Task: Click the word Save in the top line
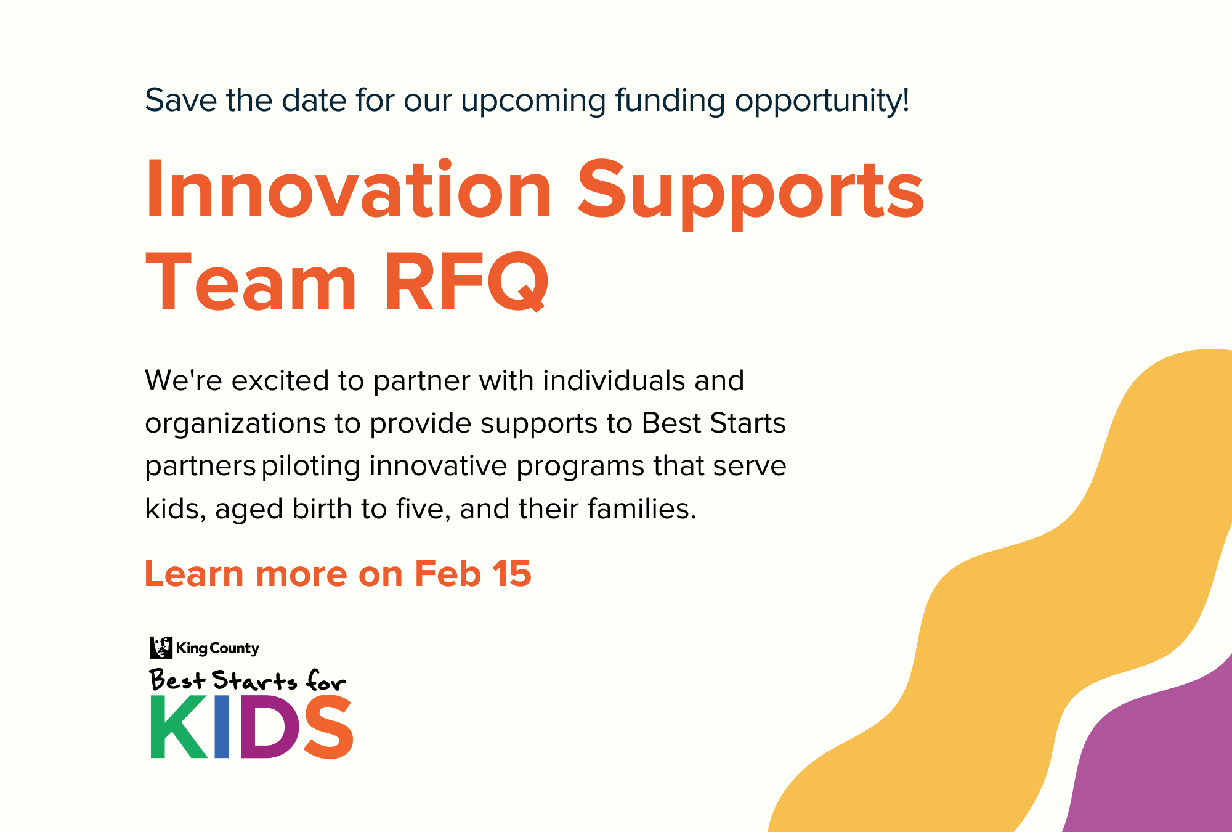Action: coord(180,100)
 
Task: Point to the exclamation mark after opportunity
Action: coord(905,100)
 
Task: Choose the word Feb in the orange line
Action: coord(447,574)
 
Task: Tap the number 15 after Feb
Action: coord(511,574)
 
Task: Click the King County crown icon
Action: coord(161,648)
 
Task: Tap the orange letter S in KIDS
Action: coord(328,727)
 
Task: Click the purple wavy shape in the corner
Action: coord(1158,764)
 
